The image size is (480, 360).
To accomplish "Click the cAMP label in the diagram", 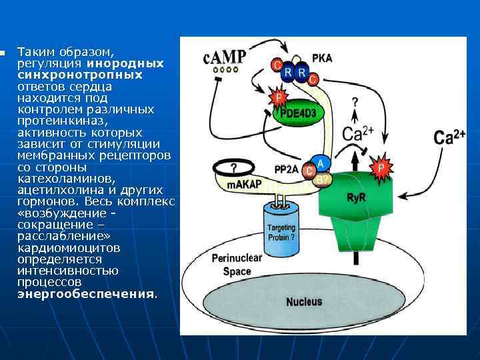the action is [225, 56].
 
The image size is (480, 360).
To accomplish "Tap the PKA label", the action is [322, 58].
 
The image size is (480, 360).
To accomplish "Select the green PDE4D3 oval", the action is [298, 114].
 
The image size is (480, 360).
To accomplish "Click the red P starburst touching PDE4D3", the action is [278, 98].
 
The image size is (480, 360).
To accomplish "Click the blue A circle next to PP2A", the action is [320, 163].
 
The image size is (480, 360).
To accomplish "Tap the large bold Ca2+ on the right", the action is [449, 138].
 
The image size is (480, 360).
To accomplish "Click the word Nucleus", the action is [304, 301].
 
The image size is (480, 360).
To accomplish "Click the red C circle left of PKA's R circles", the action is [276, 65].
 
